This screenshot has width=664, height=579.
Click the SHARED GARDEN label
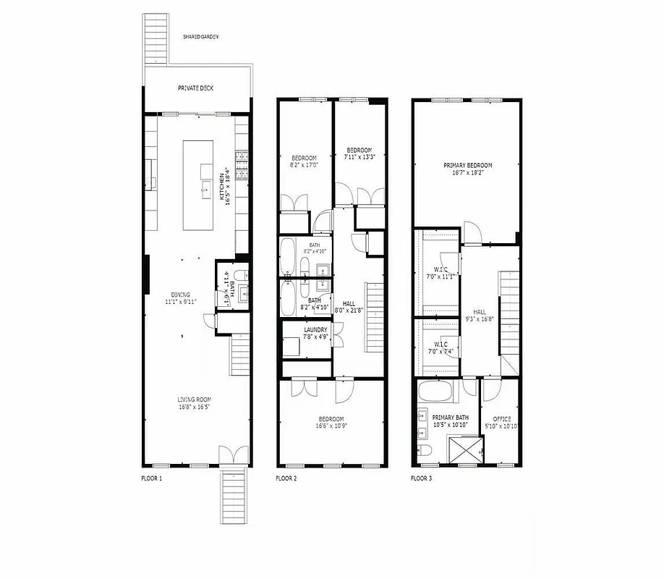pyautogui.click(x=201, y=36)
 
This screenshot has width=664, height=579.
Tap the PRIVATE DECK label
pyautogui.click(x=196, y=88)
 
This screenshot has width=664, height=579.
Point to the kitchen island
pyautogui.click(x=197, y=185)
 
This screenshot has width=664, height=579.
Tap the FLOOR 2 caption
pyautogui.click(x=286, y=478)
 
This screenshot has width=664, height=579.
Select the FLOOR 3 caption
pyautogui.click(x=422, y=478)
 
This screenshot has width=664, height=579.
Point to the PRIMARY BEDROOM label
pyautogui.click(x=468, y=166)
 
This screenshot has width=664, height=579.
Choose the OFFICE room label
pyautogui.click(x=502, y=418)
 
